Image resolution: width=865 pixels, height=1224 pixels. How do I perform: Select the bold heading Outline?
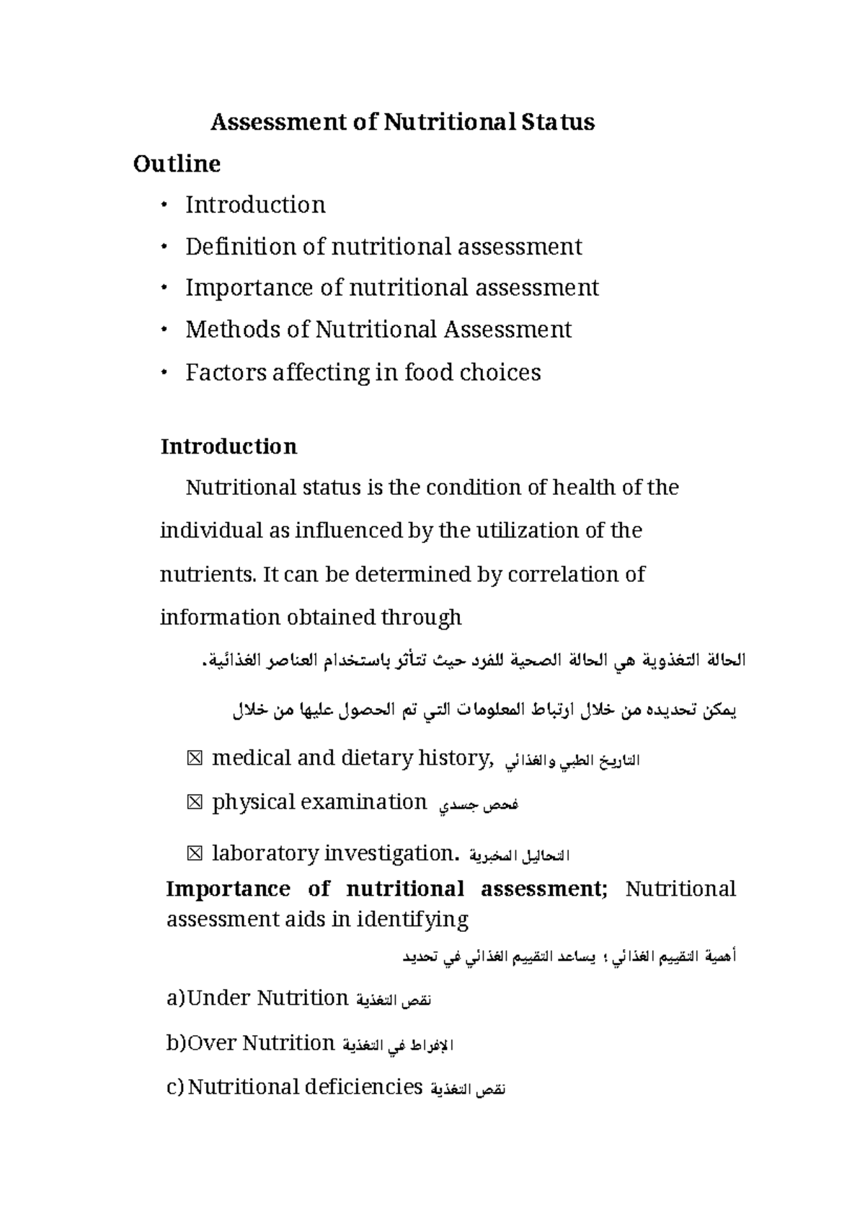pos(177,164)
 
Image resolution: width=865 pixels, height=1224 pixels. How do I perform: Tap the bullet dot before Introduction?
pos(165,206)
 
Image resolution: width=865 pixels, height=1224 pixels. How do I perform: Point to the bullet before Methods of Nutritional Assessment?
pos(165,330)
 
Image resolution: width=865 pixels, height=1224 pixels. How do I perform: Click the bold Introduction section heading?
pos(229,446)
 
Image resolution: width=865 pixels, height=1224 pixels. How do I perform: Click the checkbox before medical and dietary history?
pos(195,759)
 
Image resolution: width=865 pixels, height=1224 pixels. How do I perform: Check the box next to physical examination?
pos(195,803)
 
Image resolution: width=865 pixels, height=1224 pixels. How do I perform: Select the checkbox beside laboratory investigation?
pos(195,854)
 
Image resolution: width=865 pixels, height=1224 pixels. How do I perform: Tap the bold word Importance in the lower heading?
pos(228,889)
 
